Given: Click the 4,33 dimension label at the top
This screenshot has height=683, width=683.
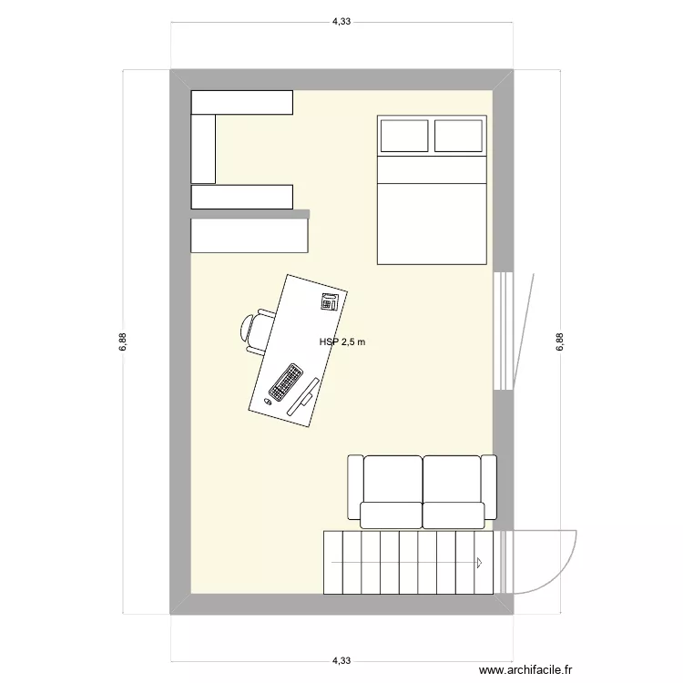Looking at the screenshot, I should coord(341,22).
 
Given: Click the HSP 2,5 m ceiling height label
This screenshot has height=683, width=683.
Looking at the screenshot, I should coord(341,342).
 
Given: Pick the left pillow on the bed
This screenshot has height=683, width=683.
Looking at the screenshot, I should coord(403,136).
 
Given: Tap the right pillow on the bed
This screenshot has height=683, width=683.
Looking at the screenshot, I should coord(458,136).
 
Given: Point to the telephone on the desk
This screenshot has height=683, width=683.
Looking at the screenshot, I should coord(329,301).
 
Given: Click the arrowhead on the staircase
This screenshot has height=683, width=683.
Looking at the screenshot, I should coord(479,562).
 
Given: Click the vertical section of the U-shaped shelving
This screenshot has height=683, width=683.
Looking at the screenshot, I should coord(203,148).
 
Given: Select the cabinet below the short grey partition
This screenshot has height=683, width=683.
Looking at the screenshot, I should coord(250,236).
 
